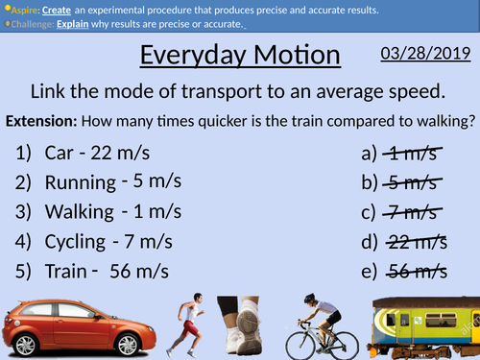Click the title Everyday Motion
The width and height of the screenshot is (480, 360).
click(240, 56)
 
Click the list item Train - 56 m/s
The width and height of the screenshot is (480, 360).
click(92, 271)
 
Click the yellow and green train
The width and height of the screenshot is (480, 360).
click(427, 326)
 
